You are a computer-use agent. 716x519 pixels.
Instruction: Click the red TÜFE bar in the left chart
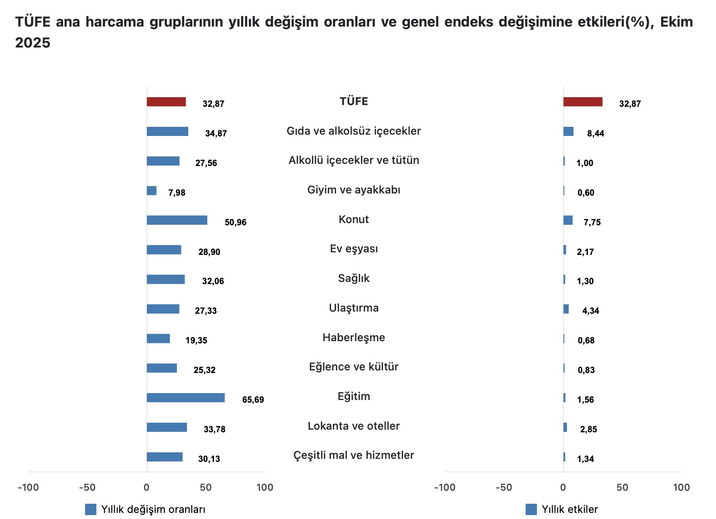(x=166, y=102)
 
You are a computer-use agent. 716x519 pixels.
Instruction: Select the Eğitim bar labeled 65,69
(x=186, y=398)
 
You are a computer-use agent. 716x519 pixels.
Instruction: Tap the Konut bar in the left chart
(x=177, y=220)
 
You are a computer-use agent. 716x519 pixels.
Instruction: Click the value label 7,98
(x=177, y=193)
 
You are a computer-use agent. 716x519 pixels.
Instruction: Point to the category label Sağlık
(x=353, y=278)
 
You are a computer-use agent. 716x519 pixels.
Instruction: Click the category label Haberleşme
(x=353, y=338)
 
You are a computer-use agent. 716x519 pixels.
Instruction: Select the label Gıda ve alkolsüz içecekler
(x=353, y=131)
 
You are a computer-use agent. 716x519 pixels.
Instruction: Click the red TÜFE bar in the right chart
(x=583, y=102)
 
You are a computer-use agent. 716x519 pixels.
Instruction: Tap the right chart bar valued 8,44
(x=568, y=132)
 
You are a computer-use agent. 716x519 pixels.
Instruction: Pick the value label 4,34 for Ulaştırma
(x=590, y=311)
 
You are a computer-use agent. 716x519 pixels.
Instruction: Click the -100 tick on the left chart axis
(x=28, y=488)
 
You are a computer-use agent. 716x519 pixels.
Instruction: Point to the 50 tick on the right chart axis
(x=622, y=488)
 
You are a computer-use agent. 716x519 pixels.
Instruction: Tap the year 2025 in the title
(x=33, y=43)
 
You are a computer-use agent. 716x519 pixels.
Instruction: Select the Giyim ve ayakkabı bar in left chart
(x=152, y=191)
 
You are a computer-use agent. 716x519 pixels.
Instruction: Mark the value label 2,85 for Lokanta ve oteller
(x=588, y=430)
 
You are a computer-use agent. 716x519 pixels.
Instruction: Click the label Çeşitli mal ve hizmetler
(x=353, y=455)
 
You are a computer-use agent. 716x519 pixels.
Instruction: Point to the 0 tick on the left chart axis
(x=146, y=488)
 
